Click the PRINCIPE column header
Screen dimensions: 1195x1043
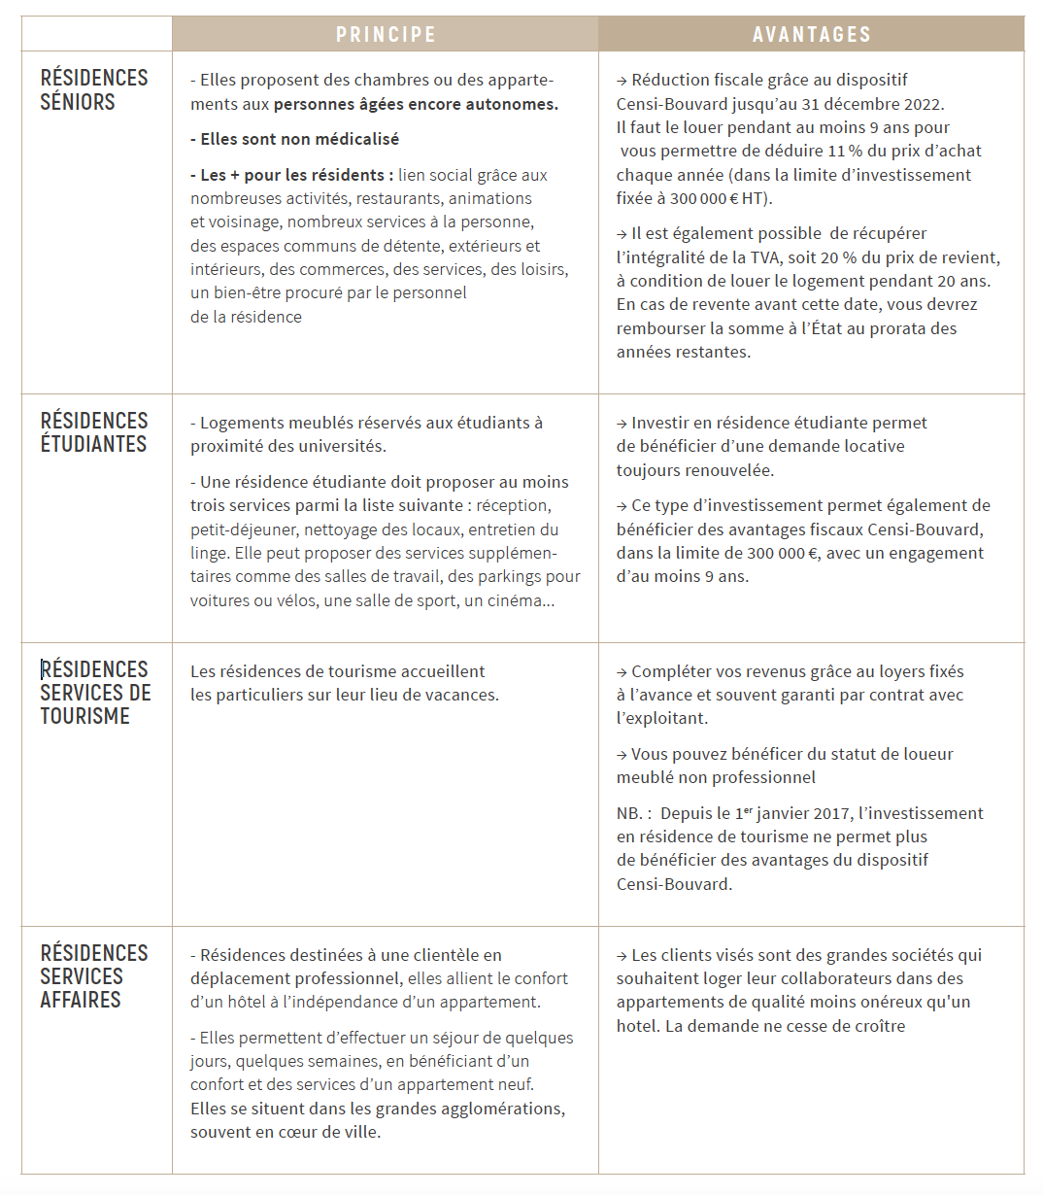pos(386,35)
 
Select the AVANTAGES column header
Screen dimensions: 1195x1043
pos(811,35)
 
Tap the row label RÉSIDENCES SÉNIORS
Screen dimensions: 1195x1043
pos(94,89)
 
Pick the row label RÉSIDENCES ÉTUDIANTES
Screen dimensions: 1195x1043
pos(94,432)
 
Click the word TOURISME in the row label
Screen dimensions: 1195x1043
pos(84,716)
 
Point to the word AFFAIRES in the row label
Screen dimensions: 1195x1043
pos(81,1000)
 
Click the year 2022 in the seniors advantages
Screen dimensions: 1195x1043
pos(922,104)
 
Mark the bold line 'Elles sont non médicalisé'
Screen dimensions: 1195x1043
pos(295,139)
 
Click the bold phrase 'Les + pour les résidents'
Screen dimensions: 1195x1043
pos(291,175)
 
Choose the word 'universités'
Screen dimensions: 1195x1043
pos(345,447)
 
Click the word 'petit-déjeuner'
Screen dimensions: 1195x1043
pos(245,529)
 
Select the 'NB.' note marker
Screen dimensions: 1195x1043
pos(628,813)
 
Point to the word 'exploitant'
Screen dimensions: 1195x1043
pos(668,719)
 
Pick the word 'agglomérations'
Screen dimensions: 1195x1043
pos(506,1109)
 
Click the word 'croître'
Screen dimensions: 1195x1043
pos(877,1026)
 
